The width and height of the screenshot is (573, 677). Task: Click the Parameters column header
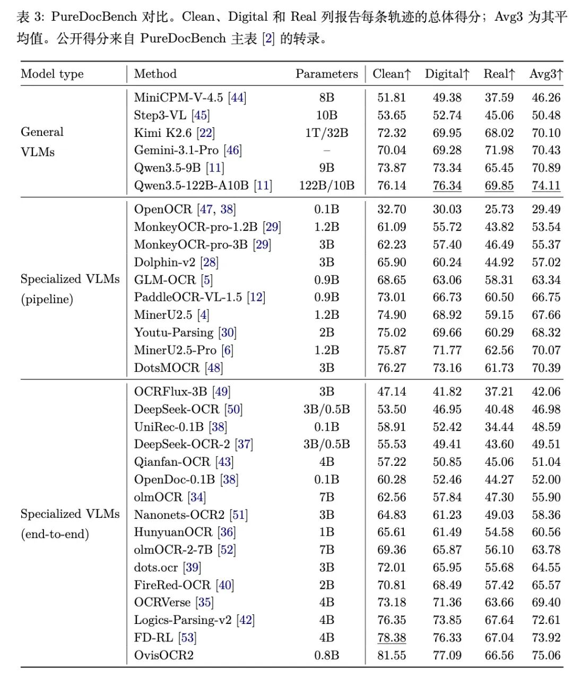point(327,74)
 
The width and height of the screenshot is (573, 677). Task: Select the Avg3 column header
point(546,74)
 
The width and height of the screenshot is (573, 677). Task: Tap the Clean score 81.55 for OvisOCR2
point(392,655)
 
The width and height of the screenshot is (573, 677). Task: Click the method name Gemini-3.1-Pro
point(176,150)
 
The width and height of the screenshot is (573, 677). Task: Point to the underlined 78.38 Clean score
point(392,638)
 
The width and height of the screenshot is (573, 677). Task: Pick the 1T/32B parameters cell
point(327,133)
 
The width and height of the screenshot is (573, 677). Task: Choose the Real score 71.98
point(499,150)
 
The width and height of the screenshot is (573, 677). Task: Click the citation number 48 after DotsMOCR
point(214,368)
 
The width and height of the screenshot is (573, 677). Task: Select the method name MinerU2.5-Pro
point(175,350)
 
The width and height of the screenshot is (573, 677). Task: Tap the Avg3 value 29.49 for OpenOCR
point(546,209)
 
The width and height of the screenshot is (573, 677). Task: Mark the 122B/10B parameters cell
point(327,186)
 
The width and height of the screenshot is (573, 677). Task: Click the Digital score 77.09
point(447,655)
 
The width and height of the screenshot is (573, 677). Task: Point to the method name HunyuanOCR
point(173,532)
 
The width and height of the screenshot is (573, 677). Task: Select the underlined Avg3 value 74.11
point(546,185)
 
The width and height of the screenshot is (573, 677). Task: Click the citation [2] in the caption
point(268,39)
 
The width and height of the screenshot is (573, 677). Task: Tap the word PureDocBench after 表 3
point(94,16)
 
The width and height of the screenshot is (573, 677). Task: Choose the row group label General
point(42,132)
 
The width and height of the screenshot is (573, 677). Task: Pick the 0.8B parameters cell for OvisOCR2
point(327,655)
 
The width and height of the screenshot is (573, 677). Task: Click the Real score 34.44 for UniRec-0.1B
point(499,427)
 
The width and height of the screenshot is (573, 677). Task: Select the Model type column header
point(52,74)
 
